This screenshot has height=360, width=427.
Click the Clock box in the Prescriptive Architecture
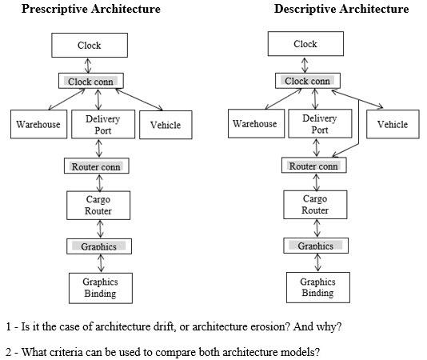(x=90, y=46)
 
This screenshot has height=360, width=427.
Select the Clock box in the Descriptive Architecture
(x=305, y=45)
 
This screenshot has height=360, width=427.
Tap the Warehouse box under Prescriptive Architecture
(x=38, y=125)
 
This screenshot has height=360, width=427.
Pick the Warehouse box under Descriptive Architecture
(x=254, y=124)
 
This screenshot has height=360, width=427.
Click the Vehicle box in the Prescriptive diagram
(x=166, y=125)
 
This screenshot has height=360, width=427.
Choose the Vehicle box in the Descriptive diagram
(x=393, y=124)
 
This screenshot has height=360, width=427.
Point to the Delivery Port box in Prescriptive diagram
(x=102, y=125)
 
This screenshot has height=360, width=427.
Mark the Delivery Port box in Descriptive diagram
(x=319, y=124)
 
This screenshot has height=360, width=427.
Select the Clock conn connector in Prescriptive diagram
(x=91, y=82)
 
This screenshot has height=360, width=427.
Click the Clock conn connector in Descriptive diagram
(x=307, y=82)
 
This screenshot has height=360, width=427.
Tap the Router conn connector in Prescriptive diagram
(x=96, y=166)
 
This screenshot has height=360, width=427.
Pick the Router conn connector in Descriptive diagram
(x=313, y=166)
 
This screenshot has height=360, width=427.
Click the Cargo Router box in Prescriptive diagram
(x=98, y=206)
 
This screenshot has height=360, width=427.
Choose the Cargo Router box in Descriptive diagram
(x=314, y=205)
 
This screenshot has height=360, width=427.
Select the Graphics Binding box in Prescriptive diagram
(x=100, y=287)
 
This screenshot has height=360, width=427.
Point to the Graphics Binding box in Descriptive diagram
(x=317, y=287)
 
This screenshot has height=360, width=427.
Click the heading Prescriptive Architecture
(x=90, y=10)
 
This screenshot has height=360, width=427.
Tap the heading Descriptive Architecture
(x=341, y=10)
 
